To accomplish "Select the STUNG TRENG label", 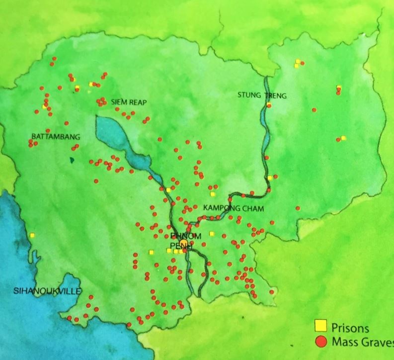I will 262,95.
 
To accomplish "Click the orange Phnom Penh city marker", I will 184,243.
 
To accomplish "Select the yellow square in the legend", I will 321,327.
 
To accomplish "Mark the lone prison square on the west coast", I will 32,235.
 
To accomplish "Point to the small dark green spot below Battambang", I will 72,160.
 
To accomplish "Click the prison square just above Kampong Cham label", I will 213,194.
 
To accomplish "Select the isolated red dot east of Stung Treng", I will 314,110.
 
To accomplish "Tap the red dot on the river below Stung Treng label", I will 269,105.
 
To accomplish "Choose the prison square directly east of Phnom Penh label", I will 211,233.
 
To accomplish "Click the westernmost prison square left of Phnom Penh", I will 151,252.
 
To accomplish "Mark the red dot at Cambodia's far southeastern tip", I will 271,292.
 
